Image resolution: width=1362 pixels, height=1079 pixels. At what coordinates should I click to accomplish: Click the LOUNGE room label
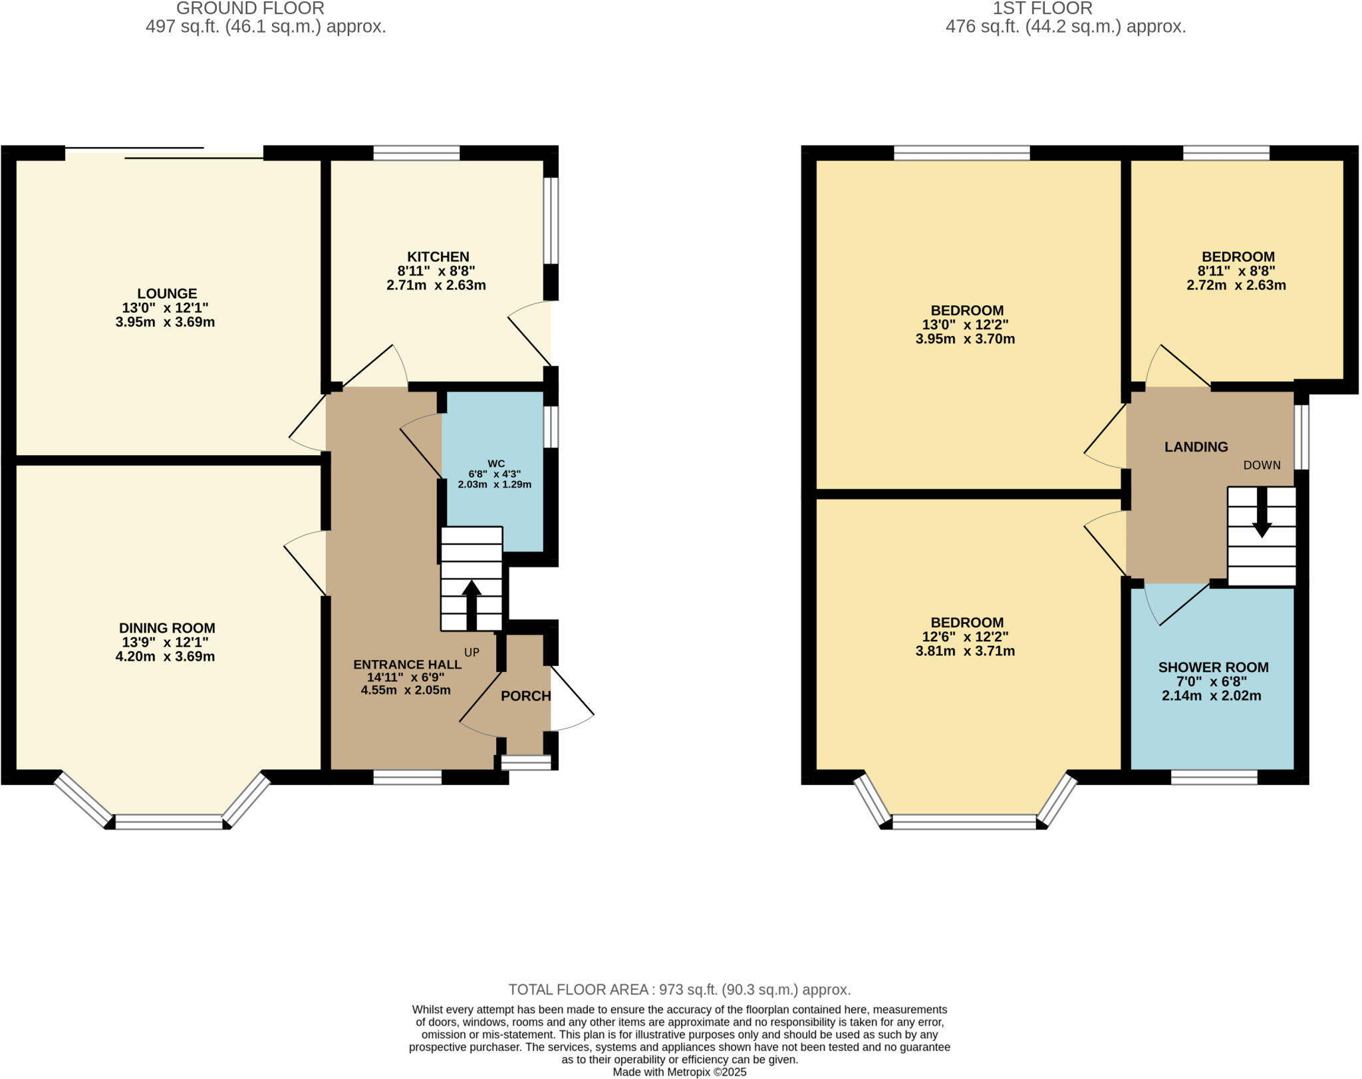pos(167,293)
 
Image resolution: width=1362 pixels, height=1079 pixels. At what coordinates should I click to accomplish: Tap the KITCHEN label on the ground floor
pos(438,257)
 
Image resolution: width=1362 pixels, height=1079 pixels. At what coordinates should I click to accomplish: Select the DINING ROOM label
pos(167,628)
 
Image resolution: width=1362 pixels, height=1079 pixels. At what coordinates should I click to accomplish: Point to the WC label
pos(496,464)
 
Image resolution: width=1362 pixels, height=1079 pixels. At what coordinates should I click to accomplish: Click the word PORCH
pos(525,696)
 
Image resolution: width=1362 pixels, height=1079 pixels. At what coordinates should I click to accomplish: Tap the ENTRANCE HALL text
pos(407,664)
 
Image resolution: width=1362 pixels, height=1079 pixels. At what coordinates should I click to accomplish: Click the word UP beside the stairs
pos(472,653)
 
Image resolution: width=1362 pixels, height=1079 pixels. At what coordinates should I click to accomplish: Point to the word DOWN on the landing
pos(1262,465)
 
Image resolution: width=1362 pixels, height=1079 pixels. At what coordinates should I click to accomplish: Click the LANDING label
pos(1196,447)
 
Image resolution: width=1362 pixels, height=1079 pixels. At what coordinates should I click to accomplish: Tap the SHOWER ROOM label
pos(1213,667)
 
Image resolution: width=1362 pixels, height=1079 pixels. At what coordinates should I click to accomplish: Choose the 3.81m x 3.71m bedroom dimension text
pos(965,651)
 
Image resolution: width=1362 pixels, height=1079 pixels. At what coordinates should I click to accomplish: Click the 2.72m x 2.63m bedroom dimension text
pos(1236,285)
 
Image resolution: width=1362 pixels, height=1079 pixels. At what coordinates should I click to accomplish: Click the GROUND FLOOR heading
pos(250,9)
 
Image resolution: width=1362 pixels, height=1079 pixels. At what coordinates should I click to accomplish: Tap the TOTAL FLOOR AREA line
pos(679,989)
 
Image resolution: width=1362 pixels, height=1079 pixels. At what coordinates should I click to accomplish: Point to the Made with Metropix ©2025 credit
pos(679,1072)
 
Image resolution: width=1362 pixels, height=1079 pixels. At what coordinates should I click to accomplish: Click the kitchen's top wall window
pos(416,153)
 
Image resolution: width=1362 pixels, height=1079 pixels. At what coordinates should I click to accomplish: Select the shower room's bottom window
pos(1214,777)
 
